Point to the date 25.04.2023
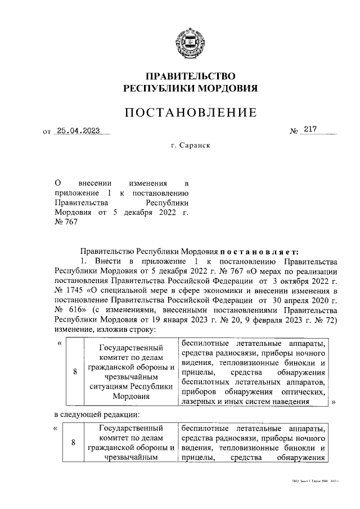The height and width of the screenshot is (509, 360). coord(78,132)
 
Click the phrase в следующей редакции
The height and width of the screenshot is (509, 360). coord(96,415)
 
